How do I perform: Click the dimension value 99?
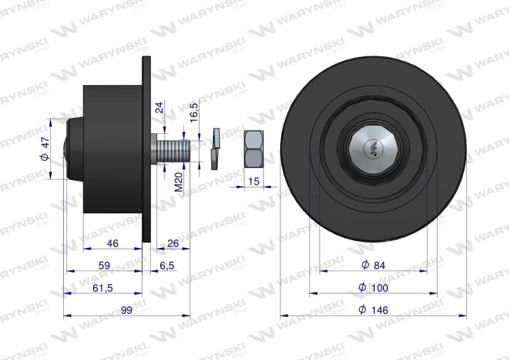pos(126,310)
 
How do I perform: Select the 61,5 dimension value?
pos(102,288)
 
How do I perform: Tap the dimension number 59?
pos(105,266)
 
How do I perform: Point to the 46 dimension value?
pos(113,243)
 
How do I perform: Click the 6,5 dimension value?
pos(167,266)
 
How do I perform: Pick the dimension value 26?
pos(172,243)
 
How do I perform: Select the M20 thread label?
pos(179,182)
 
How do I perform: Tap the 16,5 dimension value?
pos(194,112)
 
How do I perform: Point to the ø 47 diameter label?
pos(45,149)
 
